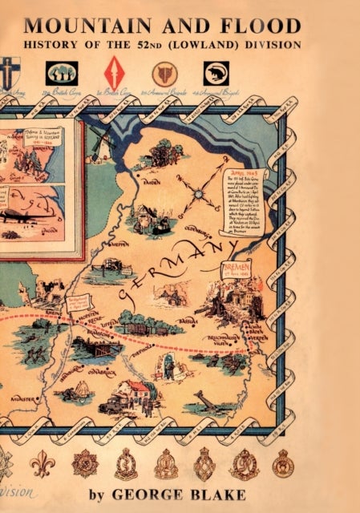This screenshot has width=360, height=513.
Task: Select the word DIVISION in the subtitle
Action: (x=273, y=45)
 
